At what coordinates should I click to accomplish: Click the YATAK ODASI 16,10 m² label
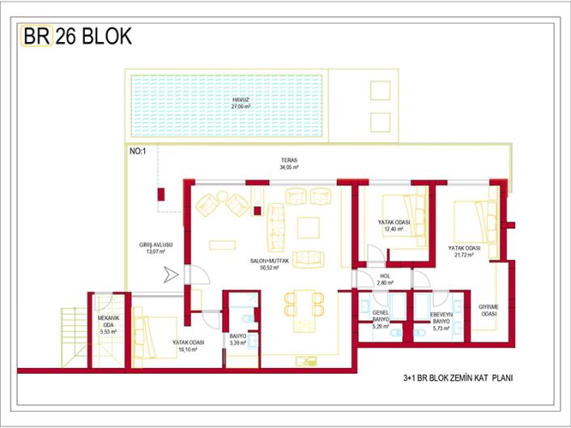[x=187, y=345]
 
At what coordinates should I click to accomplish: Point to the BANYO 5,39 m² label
[x=237, y=340]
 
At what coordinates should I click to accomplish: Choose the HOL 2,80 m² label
[x=386, y=280]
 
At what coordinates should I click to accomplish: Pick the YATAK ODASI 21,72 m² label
[x=465, y=252]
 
